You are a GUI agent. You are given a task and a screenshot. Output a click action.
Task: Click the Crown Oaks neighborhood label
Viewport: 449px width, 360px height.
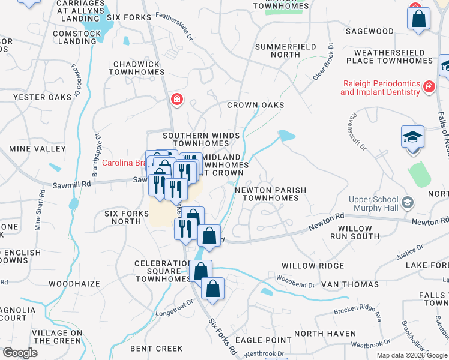tap(255, 105)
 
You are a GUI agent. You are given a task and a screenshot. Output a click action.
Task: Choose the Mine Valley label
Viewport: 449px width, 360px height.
tap(37, 148)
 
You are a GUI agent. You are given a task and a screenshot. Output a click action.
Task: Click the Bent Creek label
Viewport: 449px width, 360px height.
tap(156, 349)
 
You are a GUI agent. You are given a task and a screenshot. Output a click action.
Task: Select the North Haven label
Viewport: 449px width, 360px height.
tap(325, 334)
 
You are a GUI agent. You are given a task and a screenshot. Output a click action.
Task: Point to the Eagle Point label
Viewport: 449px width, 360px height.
tap(263, 340)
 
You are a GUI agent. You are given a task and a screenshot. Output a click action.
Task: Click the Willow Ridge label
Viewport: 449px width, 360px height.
tap(313, 266)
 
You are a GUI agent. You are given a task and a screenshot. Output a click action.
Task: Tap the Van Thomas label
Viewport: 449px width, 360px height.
tap(350, 284)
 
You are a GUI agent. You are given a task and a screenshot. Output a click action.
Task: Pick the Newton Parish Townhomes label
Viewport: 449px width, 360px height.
tap(270, 194)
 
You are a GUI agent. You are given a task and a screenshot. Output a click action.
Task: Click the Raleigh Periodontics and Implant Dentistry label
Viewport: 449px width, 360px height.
tap(381, 88)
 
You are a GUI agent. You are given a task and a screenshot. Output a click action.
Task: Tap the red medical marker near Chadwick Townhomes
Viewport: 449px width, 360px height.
tap(176, 99)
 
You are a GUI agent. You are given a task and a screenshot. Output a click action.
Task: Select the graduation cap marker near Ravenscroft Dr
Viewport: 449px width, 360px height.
tap(413, 137)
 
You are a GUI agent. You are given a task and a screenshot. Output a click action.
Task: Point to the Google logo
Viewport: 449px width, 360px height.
tap(20, 353)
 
